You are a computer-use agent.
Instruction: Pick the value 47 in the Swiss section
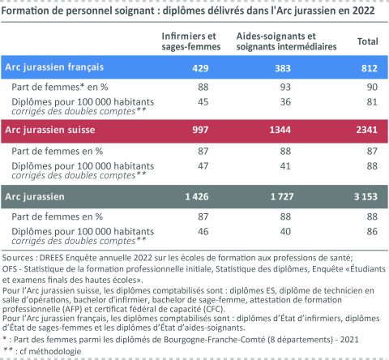coord(199,165)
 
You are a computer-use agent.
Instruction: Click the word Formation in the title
coord(27,10)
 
